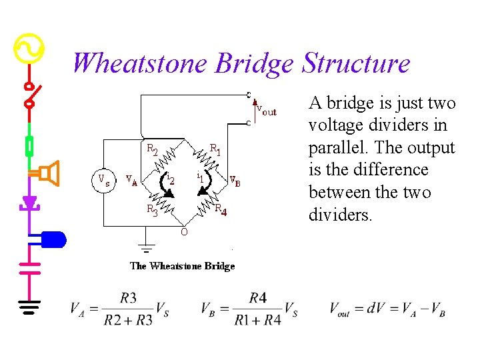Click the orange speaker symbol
click(49, 173)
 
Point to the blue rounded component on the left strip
click(53, 239)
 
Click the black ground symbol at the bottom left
click(29, 307)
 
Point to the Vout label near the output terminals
click(266, 111)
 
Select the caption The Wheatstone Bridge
click(182, 266)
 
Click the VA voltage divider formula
click(119, 309)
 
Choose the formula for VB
click(249, 309)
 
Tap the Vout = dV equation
click(387, 309)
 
